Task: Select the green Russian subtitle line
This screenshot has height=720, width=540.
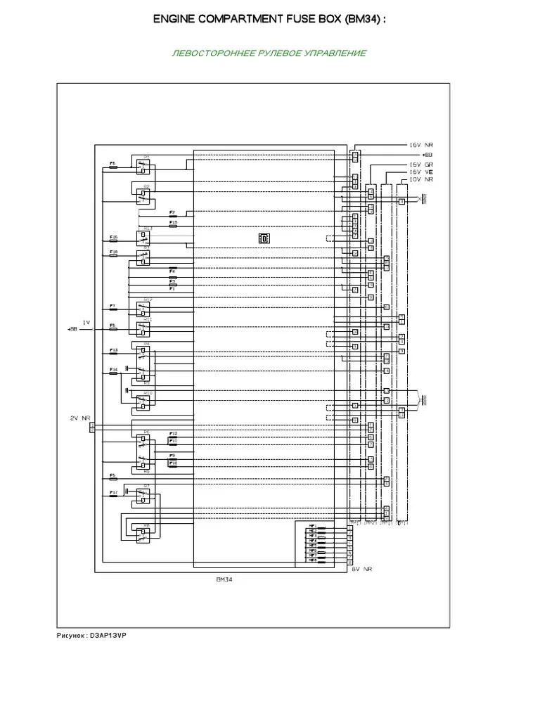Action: (x=269, y=54)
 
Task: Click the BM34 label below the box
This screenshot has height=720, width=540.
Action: (x=224, y=581)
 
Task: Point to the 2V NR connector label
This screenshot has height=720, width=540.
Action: (x=80, y=418)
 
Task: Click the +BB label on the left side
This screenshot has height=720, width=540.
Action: (x=72, y=329)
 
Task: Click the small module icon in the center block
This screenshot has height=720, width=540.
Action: (x=264, y=238)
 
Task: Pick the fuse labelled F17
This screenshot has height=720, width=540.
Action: (x=114, y=495)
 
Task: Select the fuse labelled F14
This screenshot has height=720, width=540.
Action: (x=114, y=372)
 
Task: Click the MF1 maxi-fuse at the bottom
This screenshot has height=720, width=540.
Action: (x=311, y=525)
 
